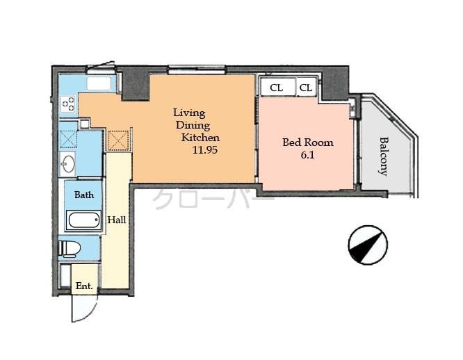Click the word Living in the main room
(189, 113)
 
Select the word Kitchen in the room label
(200, 138)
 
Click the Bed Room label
(307, 142)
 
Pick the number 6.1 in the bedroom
(307, 156)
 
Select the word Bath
(84, 195)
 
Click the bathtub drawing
(84, 221)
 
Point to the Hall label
(116, 220)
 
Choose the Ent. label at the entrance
(84, 286)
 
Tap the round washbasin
(70, 165)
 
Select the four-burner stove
(68, 104)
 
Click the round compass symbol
(367, 245)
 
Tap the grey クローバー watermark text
(212, 198)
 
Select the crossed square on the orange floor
(119, 140)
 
